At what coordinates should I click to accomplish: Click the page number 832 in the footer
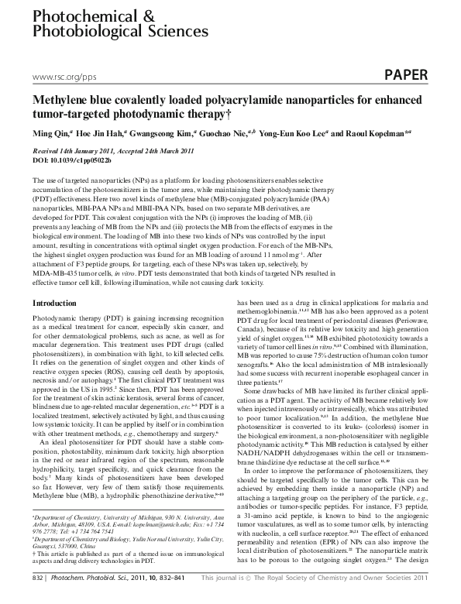tap(36, 598)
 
